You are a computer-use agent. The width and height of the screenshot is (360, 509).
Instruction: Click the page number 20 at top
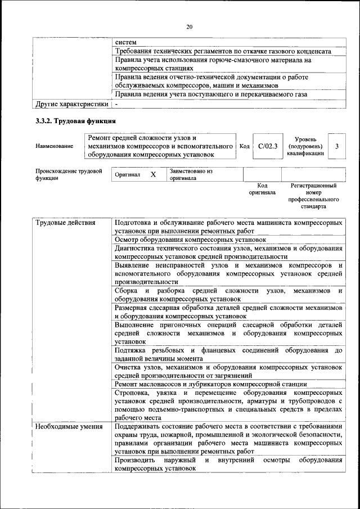[189, 26]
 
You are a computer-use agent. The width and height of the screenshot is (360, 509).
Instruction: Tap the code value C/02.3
[268, 146]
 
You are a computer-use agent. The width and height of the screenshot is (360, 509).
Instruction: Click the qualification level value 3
[336, 146]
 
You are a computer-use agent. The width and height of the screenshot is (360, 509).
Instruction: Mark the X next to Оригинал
[153, 175]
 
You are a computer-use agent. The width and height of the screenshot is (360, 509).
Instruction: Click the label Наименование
[54, 146]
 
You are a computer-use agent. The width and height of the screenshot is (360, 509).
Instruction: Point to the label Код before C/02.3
[244, 146]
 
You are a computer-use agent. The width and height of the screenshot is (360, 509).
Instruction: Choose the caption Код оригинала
[262, 189]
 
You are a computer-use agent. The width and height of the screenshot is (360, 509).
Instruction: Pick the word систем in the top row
[125, 42]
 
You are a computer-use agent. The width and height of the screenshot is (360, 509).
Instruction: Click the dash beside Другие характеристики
[116, 104]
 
